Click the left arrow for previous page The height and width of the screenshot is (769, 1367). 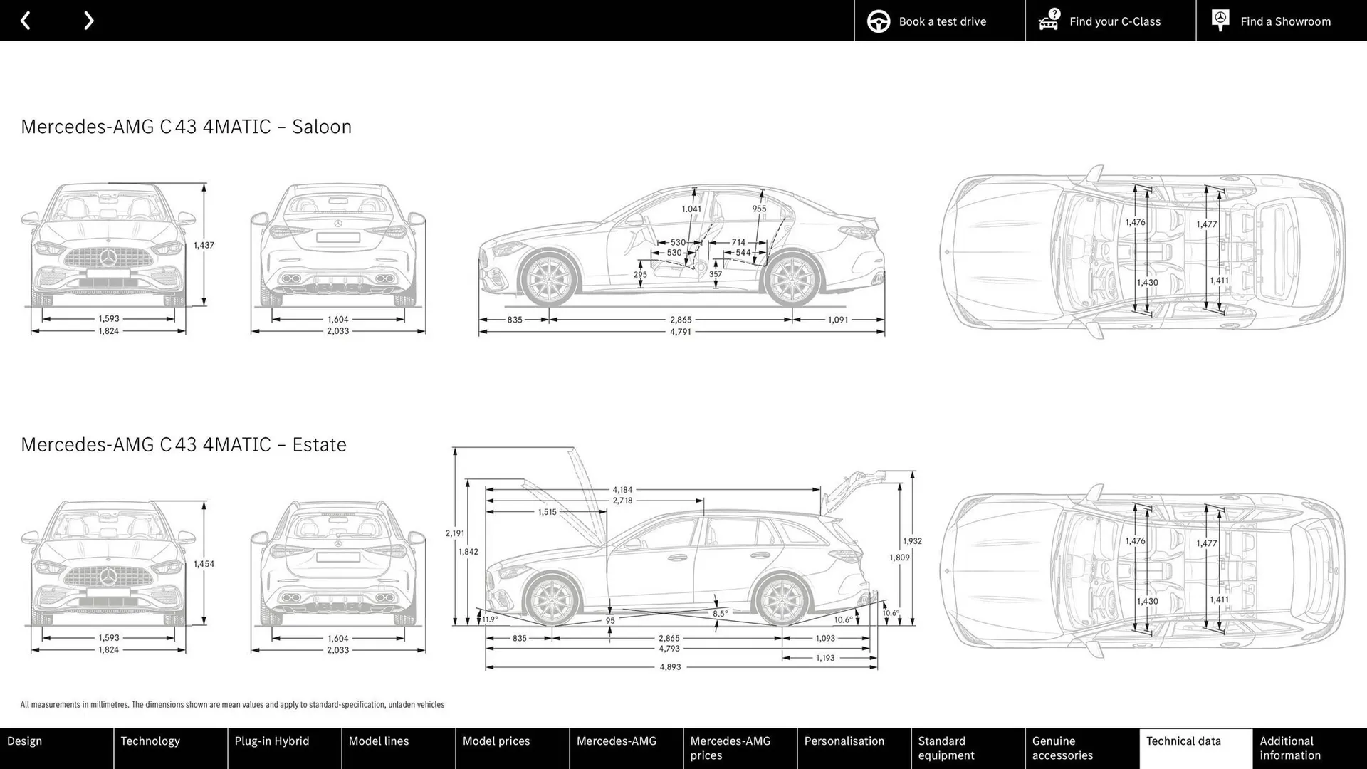coord(26,21)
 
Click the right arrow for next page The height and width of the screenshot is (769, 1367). coord(88,21)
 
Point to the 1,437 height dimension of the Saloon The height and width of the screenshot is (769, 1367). coord(204,245)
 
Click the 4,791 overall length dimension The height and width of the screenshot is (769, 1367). coord(680,332)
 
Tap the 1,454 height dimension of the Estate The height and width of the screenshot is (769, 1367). coord(204,564)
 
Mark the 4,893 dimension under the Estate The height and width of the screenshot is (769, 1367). coord(670,667)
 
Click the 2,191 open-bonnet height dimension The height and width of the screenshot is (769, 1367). coord(455,533)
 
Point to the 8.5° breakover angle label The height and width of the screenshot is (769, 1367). coord(720,614)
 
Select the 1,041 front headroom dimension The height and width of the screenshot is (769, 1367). coord(691,209)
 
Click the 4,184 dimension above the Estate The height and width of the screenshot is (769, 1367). coord(622,490)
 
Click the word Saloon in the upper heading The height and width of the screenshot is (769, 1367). coord(322,127)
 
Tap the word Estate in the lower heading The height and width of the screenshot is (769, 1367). coord(319,444)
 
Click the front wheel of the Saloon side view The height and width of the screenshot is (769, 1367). coord(548,279)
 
